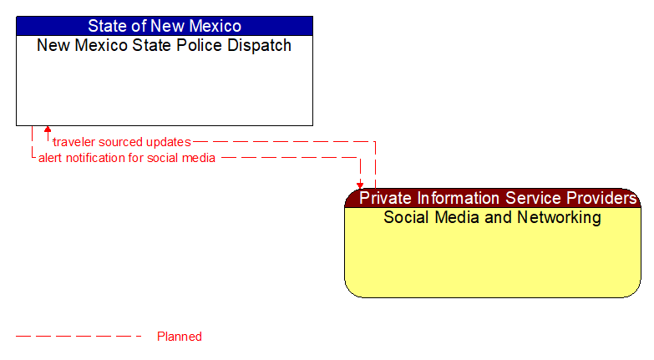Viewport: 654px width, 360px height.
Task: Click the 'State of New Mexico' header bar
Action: coord(165,26)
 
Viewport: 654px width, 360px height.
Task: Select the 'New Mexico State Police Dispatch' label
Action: coord(165,45)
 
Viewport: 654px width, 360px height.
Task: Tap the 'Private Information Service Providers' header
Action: coord(498,198)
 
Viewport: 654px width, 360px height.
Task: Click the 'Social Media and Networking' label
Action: coord(492,217)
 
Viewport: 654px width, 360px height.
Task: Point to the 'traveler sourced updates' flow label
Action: coord(122,142)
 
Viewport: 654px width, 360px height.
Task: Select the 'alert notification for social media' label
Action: coord(127,158)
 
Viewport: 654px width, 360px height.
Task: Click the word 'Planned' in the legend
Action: coord(180,337)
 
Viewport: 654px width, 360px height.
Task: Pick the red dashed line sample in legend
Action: coord(79,337)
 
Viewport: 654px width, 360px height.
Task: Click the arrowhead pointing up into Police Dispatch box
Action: coord(48,130)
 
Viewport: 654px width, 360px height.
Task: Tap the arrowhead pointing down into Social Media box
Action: coord(360,185)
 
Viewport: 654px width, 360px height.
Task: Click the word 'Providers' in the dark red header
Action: coord(601,198)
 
